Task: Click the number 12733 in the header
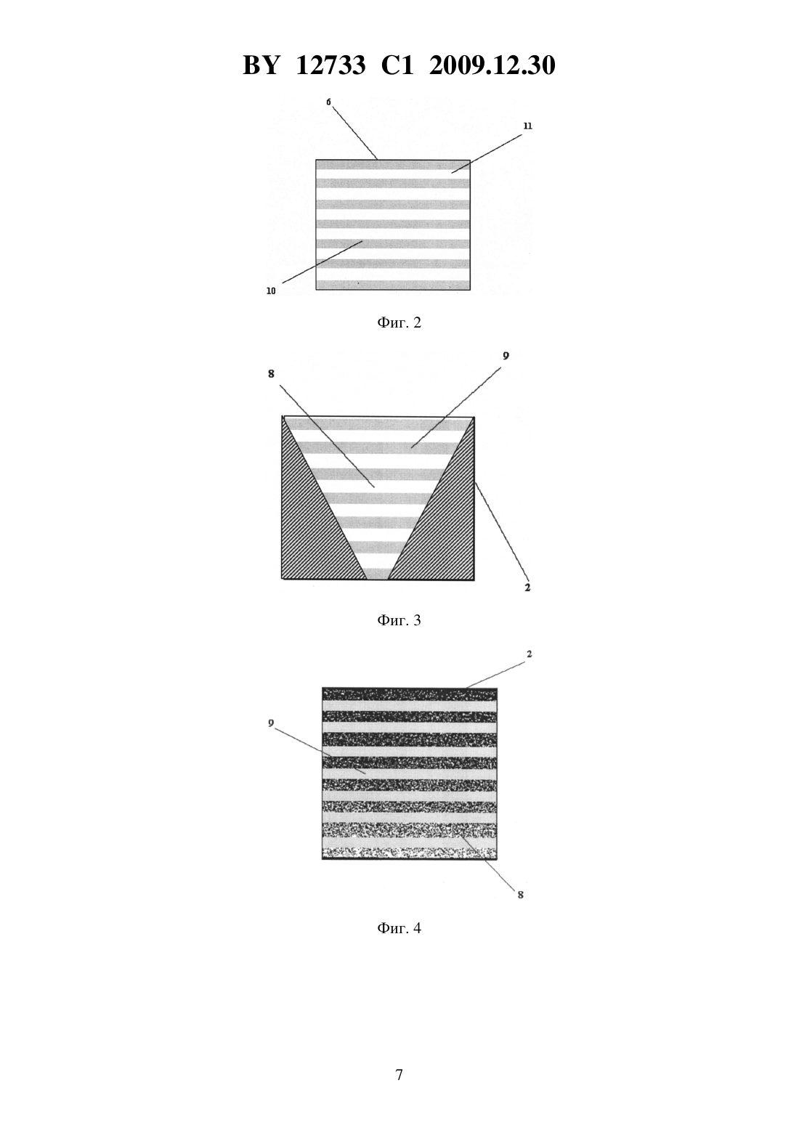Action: pos(330,65)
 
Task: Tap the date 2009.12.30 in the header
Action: pos(492,65)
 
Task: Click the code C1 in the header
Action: pos(397,65)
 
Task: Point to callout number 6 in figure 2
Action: pos(328,102)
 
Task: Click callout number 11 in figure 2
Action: pos(527,126)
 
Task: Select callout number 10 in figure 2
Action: pos(271,291)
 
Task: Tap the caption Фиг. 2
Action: pos(399,323)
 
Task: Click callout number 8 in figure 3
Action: pos(272,374)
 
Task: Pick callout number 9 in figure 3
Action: pos(506,356)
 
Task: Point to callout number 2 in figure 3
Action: pos(527,588)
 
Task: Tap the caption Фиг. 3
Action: pos(399,620)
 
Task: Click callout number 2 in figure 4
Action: pos(529,654)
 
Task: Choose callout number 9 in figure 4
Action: pos(271,723)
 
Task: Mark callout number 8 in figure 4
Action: pos(521,895)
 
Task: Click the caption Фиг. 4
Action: pos(399,928)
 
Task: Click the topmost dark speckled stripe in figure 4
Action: pos(410,694)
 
